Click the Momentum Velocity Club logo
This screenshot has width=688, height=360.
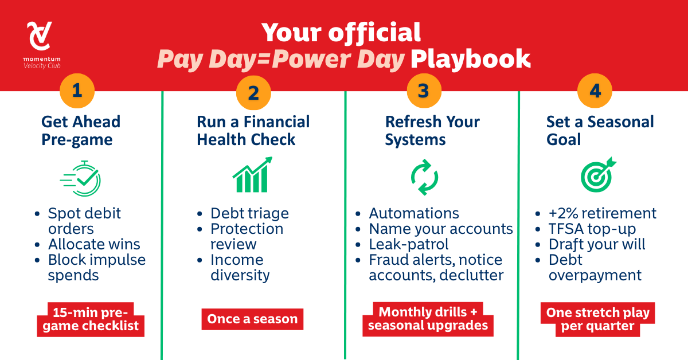(x=42, y=45)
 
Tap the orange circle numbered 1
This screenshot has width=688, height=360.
(x=77, y=91)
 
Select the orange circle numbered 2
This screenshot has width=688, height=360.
(x=253, y=92)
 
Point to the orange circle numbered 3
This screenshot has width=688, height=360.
(x=424, y=91)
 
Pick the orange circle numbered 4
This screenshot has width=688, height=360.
(x=595, y=91)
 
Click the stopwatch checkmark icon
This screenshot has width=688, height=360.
(x=80, y=178)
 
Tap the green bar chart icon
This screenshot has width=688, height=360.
(x=252, y=174)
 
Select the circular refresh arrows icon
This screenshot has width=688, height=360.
(x=424, y=177)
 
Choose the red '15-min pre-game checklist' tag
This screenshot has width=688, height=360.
(x=91, y=319)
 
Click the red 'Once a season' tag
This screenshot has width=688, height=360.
(x=252, y=319)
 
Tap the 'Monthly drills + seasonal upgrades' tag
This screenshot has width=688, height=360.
(x=428, y=319)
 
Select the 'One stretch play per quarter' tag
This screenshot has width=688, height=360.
(x=597, y=319)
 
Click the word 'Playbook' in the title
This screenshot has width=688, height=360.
(x=471, y=58)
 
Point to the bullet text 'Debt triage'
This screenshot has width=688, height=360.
(x=249, y=213)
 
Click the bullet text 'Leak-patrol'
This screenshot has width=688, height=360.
(x=408, y=244)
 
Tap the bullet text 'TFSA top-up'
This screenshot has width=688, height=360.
(x=592, y=229)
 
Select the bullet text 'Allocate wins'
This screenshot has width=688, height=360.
(x=94, y=244)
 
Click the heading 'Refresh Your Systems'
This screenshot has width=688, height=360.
(x=432, y=131)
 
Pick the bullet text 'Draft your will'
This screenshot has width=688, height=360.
(x=597, y=245)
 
